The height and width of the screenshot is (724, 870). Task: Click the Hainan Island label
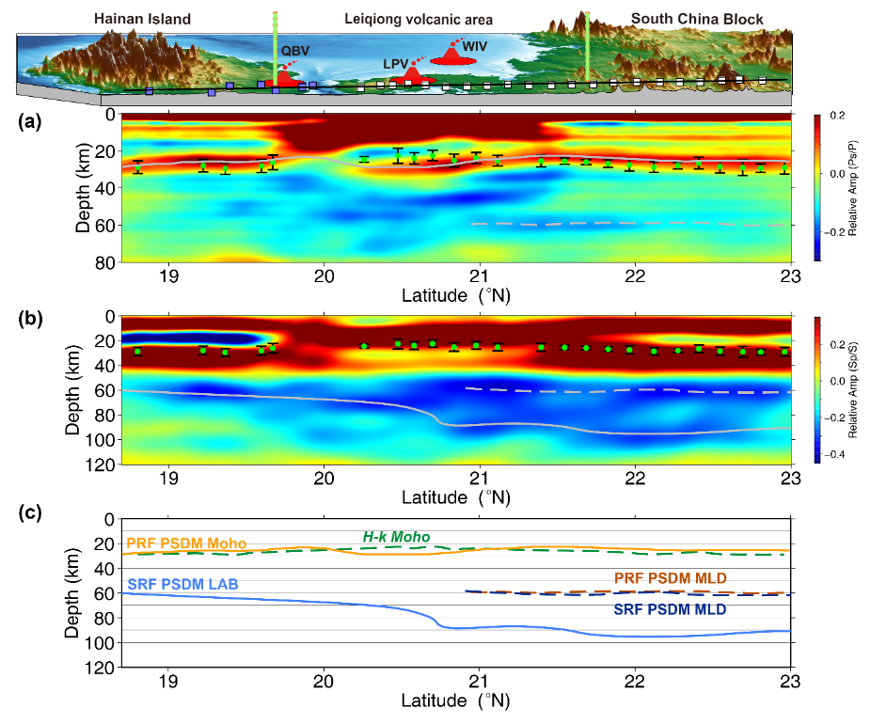coord(142,19)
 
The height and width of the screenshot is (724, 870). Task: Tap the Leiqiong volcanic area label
coord(419,20)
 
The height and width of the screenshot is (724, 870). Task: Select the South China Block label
coord(697,19)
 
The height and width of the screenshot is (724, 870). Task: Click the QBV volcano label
coord(295,51)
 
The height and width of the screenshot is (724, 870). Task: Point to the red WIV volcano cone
coord(452,55)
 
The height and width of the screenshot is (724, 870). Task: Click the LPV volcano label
coord(396,64)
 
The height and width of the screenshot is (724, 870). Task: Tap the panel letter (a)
coord(29,121)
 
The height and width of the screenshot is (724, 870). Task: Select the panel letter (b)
coord(30,319)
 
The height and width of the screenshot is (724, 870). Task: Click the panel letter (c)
coord(29,512)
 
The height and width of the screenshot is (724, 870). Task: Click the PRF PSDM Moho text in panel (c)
coord(186,543)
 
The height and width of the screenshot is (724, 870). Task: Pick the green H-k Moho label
coord(396,537)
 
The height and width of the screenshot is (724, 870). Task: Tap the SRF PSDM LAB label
coord(183,584)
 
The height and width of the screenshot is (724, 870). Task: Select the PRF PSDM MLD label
coord(671,578)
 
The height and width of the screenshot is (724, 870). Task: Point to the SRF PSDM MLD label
coord(671,609)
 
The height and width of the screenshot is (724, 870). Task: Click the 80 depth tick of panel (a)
coord(104,262)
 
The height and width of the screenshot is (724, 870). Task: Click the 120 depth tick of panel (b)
coord(101,464)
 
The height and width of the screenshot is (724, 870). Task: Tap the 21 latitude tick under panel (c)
coord(479,681)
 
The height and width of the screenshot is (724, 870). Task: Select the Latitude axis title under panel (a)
coord(456,295)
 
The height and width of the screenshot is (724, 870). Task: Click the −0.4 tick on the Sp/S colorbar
coord(834,454)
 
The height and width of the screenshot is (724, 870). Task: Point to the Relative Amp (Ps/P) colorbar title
coord(853,187)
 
